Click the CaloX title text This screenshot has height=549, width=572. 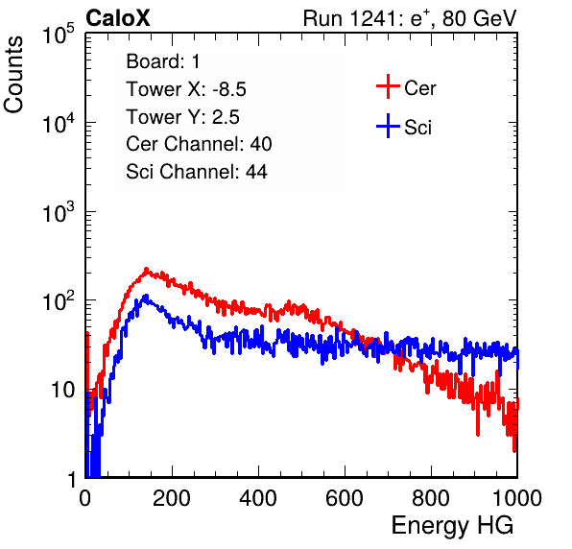coord(118,18)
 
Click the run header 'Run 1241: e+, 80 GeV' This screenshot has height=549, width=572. coord(410,18)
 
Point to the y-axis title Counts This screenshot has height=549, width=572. coord(13,75)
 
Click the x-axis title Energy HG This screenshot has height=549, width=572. coord(452,526)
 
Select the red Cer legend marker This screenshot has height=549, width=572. coord(388,86)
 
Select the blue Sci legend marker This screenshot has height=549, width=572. coord(388,126)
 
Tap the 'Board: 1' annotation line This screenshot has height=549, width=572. coord(163,61)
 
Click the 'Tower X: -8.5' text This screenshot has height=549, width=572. coord(186,89)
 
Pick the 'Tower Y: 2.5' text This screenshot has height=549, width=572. coord(182,117)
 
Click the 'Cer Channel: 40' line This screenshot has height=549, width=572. coord(199,144)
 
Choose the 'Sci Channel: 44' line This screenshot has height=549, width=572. coord(197,172)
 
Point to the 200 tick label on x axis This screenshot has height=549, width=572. coord(172,498)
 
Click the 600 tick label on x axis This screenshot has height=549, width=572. coord(345,498)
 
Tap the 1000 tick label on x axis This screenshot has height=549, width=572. coord(517,498)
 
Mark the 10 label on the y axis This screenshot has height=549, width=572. coord(62,391)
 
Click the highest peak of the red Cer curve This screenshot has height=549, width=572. coord(146,270)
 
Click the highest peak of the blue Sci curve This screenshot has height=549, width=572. coord(146,297)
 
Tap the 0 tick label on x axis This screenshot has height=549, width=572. coord(85,498)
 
